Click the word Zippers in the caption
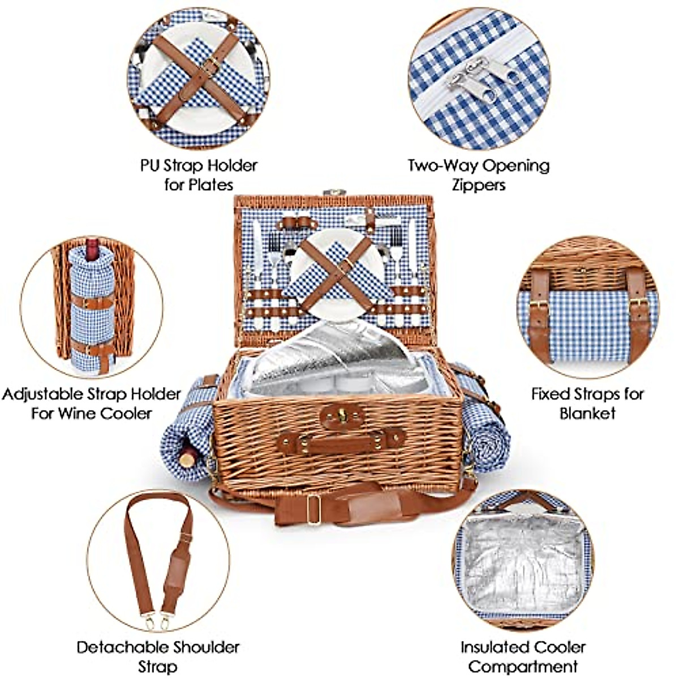[478, 185]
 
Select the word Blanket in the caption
[587, 412]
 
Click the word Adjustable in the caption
[42, 394]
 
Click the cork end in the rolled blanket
[187, 458]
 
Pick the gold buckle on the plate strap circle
[210, 67]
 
